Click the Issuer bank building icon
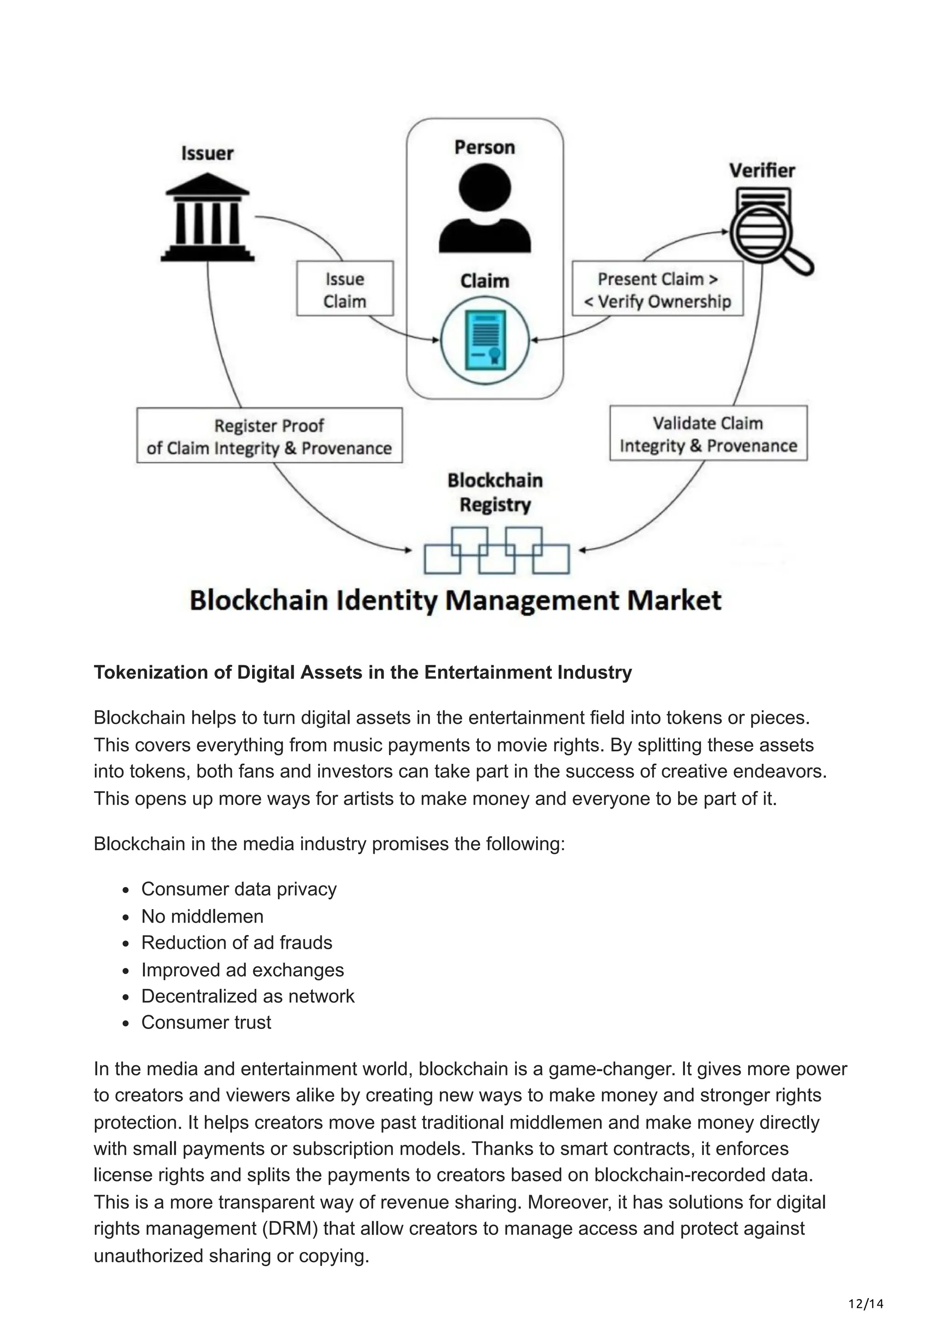click(x=207, y=224)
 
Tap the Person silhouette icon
click(x=484, y=208)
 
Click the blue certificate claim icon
click(x=484, y=340)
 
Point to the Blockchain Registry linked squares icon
click(x=496, y=550)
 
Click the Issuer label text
click(x=207, y=154)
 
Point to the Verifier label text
click(x=762, y=171)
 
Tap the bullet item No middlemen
click(x=202, y=916)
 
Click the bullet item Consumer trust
click(x=206, y=1023)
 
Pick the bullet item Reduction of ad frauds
click(x=237, y=943)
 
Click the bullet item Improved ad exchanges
click(x=242, y=970)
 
